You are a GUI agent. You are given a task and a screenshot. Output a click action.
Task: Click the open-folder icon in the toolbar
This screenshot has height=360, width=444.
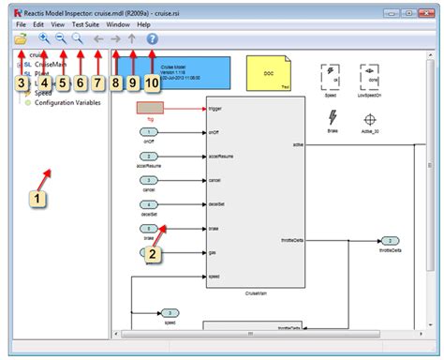tap(21, 39)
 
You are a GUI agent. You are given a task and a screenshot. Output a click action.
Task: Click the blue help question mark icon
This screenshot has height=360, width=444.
tap(153, 39)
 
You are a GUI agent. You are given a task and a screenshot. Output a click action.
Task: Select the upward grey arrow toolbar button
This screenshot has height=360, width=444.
tap(132, 39)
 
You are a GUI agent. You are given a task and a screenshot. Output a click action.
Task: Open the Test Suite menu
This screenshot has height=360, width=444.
tap(86, 23)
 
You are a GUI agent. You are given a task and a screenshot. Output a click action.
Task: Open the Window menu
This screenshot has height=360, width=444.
tap(118, 23)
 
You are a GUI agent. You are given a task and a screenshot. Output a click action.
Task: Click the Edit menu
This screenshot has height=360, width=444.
tap(38, 23)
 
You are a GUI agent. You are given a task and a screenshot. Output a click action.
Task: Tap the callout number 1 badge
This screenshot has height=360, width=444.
tap(37, 199)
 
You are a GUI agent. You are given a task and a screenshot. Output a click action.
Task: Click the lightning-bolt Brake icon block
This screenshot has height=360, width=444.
tap(333, 117)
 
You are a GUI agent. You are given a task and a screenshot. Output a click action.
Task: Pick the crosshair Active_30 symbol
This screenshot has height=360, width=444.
tap(371, 120)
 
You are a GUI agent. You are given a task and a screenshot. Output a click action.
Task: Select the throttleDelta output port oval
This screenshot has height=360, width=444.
tap(386, 240)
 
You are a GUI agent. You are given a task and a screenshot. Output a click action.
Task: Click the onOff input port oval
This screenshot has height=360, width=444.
tap(150, 133)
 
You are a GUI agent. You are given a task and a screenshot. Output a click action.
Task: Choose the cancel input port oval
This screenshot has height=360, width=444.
tap(150, 179)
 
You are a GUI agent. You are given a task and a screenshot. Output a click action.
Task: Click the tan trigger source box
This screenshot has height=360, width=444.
tap(150, 109)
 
